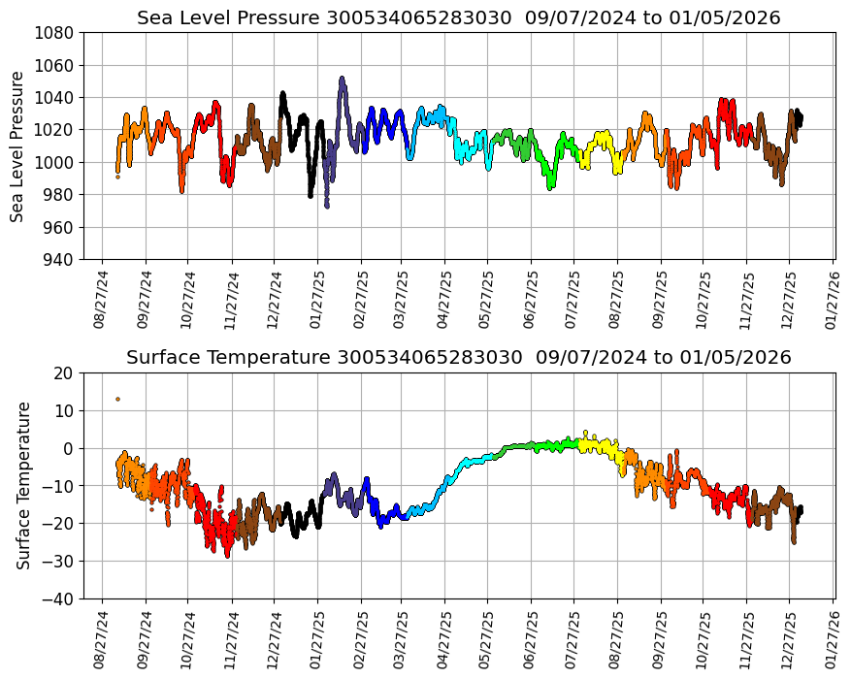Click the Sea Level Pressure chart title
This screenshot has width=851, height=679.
point(458,18)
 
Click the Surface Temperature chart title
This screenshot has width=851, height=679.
point(458,358)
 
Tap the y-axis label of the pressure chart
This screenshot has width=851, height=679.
point(18,145)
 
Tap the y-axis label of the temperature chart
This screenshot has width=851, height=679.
point(23,485)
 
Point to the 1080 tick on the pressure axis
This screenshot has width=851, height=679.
point(56,32)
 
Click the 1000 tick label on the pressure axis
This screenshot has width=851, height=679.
point(56,162)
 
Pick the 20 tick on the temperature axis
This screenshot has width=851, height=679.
point(64,372)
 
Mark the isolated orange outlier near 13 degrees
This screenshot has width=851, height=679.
point(118,399)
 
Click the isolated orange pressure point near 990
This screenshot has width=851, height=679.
point(117,177)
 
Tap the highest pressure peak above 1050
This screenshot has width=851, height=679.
point(342,79)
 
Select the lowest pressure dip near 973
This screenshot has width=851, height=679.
point(327,206)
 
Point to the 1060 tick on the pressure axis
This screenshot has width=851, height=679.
point(56,65)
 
